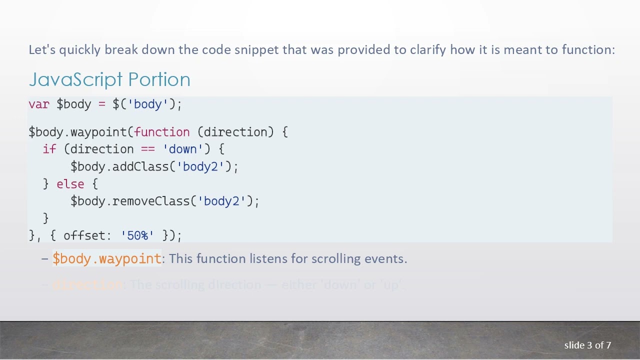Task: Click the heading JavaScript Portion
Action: point(109,79)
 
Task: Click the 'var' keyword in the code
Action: point(38,104)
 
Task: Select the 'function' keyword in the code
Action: point(162,132)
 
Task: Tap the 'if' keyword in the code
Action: point(49,149)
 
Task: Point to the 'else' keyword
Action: point(70,184)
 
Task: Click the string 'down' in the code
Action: point(183,149)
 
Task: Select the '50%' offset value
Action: point(137,235)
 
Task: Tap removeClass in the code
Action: point(151,201)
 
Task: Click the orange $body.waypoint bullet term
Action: point(107,258)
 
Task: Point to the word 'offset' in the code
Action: point(84,235)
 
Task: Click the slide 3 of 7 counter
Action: point(587,345)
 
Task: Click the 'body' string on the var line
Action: point(148,104)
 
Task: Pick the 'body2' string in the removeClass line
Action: point(222,201)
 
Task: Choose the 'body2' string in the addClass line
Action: point(200,166)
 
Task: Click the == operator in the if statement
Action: point(148,149)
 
